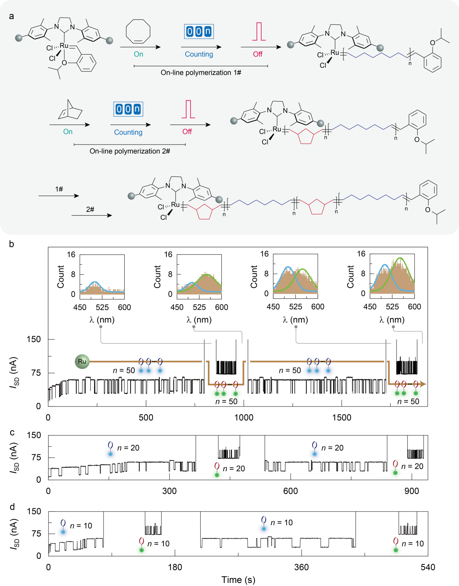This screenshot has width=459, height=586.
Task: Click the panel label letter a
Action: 12,16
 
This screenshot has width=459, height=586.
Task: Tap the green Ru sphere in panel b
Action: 82,361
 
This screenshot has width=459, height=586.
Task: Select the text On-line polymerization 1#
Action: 201,73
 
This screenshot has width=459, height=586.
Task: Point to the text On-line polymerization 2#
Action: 130,151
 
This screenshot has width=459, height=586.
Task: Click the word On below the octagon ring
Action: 139,54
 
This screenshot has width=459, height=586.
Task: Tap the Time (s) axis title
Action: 238,580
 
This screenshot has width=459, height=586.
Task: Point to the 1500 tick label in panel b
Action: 342,417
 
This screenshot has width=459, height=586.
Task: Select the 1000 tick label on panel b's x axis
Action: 244,417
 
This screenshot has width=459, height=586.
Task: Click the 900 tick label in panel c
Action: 412,491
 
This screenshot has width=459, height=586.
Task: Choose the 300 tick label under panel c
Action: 169,491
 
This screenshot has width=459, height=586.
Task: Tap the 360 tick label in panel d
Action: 301,567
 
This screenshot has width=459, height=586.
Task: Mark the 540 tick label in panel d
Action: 428,567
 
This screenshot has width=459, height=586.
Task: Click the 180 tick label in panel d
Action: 175,567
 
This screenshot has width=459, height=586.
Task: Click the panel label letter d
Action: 12,507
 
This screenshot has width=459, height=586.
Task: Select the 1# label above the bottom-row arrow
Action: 59,189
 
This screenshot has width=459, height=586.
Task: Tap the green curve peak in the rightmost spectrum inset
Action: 400,258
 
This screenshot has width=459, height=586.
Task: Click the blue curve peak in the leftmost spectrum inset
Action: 95,282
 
